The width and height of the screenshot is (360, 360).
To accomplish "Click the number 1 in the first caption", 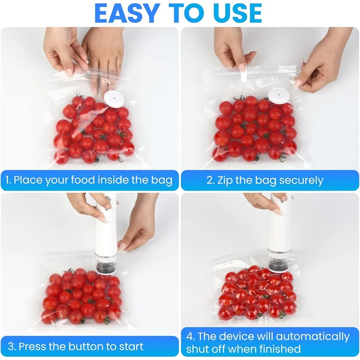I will (8, 180).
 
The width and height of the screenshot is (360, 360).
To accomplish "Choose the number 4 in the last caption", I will (189, 336).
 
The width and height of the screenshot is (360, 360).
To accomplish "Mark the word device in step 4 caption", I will (236, 336).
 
